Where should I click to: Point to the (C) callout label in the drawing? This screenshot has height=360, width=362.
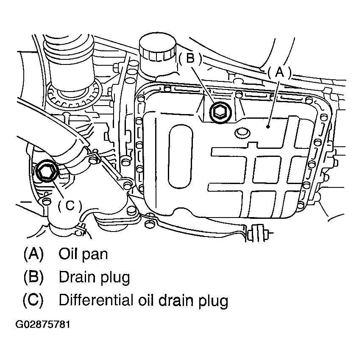click(x=69, y=205)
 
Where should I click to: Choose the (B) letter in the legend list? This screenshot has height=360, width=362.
click(x=33, y=277)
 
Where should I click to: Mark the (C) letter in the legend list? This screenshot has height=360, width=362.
click(x=33, y=300)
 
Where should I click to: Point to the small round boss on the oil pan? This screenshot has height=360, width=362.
click(x=241, y=133)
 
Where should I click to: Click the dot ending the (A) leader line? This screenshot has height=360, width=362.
click(x=268, y=125)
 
